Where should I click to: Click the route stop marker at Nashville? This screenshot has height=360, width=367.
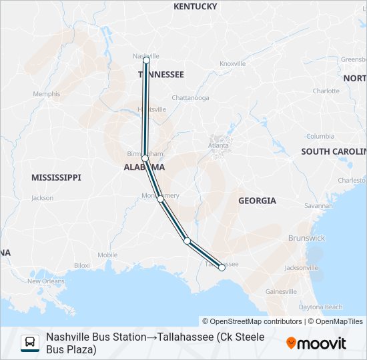[146, 60]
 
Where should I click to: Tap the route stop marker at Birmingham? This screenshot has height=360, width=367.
[145, 158]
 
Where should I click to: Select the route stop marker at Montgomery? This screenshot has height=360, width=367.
[161, 199]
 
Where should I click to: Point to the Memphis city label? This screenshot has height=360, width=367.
[46, 94]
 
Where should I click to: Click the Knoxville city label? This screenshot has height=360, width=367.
[233, 63]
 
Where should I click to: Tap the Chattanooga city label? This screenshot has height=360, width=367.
[190, 98]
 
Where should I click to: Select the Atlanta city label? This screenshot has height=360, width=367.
[218, 145]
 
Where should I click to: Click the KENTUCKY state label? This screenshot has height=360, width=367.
[195, 7]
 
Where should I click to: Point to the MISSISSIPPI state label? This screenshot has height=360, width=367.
[56, 177]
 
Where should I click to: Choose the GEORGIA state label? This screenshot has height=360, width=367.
[257, 201]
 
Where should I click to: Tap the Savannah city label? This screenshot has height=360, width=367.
[318, 205]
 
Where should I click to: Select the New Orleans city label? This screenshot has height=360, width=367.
[46, 281]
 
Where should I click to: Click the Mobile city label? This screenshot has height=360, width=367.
[107, 255]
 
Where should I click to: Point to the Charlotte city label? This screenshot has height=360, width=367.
[326, 91]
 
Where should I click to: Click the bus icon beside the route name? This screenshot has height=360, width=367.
[30, 343]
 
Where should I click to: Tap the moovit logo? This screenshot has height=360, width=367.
[316, 343]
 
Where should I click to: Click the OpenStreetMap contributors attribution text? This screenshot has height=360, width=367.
[252, 321]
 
